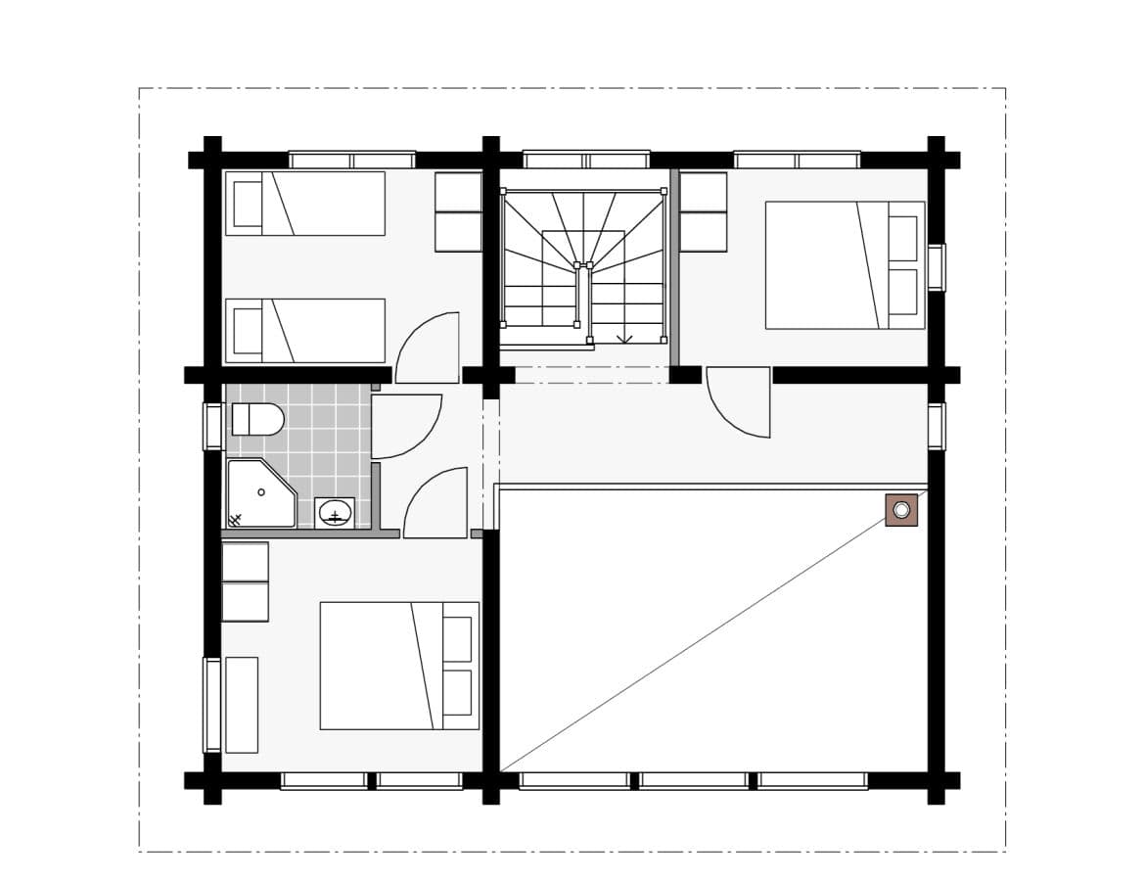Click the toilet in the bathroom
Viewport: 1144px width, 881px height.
pyautogui.click(x=257, y=420)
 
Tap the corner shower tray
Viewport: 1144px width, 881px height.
pyautogui.click(x=258, y=493)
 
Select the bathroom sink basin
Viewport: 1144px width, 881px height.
pyautogui.click(x=335, y=513)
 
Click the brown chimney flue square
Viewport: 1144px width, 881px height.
pyautogui.click(x=901, y=510)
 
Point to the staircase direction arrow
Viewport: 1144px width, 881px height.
pyautogui.click(x=624, y=338)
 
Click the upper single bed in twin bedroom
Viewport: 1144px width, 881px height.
pyautogui.click(x=305, y=204)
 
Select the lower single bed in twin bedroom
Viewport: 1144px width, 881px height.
pyautogui.click(x=305, y=331)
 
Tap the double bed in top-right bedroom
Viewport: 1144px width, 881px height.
pyautogui.click(x=845, y=265)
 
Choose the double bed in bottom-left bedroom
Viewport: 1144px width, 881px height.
pyautogui.click(x=399, y=666)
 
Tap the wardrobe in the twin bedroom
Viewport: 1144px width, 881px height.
pyautogui.click(x=458, y=212)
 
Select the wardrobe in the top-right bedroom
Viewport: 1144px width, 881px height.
pyautogui.click(x=703, y=212)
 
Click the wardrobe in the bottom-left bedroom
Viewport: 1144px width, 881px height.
pyautogui.click(x=245, y=582)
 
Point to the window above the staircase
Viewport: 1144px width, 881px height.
pyautogui.click(x=586, y=160)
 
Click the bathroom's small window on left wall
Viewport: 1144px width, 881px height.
pyautogui.click(x=212, y=427)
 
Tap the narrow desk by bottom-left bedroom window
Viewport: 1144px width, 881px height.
pyautogui.click(x=242, y=705)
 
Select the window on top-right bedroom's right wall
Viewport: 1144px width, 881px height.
pyautogui.click(x=937, y=267)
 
